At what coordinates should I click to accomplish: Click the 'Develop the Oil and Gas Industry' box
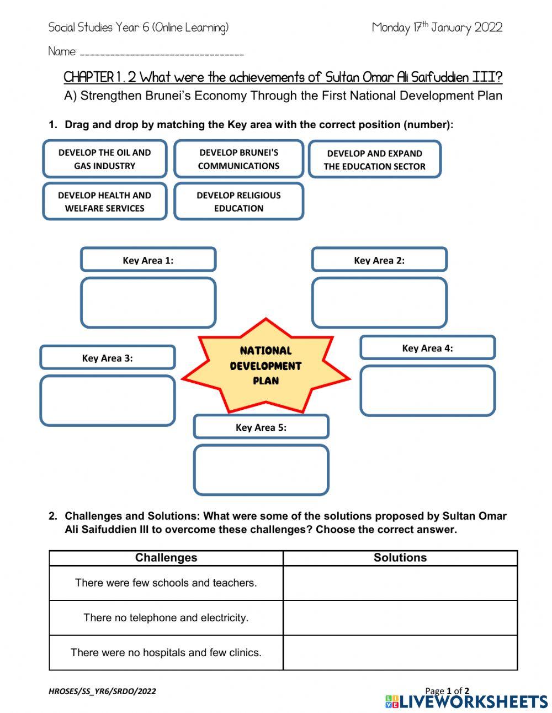point(104,159)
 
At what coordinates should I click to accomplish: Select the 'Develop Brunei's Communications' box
point(238,159)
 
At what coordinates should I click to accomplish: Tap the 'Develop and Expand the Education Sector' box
point(374,160)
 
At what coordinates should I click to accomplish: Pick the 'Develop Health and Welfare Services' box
point(104,202)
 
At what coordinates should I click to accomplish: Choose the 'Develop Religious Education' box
point(238,202)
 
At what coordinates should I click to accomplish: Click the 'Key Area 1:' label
point(148,260)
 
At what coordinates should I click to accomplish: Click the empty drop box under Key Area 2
point(379,303)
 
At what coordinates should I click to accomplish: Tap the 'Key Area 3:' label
point(107,358)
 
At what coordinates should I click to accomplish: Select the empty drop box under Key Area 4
point(427,390)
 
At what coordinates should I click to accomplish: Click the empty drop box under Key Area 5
point(261,469)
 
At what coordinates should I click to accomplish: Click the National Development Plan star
point(266,366)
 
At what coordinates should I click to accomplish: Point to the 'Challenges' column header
point(166,558)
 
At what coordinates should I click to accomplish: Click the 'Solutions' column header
point(400,558)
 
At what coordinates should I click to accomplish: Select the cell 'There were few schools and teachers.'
point(166,583)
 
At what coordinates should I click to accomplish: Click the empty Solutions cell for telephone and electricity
point(400,617)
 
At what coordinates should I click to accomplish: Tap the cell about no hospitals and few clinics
point(166,652)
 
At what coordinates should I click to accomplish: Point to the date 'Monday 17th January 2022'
point(437,28)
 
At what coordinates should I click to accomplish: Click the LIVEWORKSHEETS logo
point(466,702)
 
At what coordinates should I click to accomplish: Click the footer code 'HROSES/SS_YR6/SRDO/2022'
point(102,691)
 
